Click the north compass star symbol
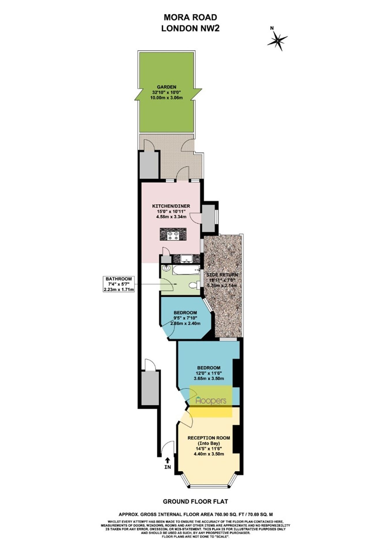277,41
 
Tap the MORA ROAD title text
190,17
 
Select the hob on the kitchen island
173,234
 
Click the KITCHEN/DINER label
171,206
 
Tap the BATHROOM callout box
119,284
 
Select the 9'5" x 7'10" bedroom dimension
185,318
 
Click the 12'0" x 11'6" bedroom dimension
209,373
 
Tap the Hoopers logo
211,401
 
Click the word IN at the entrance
167,467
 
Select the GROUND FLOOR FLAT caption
195,502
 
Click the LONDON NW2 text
190,28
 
